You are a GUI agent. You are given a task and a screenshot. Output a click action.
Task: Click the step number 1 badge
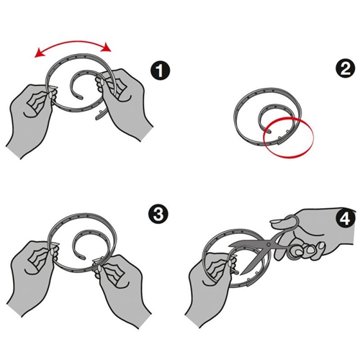click(x=160, y=71)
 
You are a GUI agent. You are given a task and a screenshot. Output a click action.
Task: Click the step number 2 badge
click(x=345, y=69)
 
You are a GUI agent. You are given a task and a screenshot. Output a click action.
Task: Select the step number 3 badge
click(x=158, y=214)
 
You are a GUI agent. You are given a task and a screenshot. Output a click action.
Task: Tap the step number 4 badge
click(x=346, y=219)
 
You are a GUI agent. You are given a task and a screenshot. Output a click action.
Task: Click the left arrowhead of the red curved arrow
click(x=38, y=53)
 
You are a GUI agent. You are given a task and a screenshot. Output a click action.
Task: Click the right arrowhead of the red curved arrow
click(x=107, y=48)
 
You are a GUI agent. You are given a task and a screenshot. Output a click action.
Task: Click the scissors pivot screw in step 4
click(x=269, y=245)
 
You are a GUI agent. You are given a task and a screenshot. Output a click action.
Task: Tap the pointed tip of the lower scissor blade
click(x=241, y=274)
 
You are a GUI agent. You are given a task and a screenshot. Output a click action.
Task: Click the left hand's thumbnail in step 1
click(x=50, y=95)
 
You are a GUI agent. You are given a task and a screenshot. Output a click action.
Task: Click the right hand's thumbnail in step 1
click(x=102, y=82)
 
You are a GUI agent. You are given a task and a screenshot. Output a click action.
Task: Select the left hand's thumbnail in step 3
click(x=51, y=251)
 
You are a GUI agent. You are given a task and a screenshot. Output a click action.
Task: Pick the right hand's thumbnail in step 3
click(x=98, y=267)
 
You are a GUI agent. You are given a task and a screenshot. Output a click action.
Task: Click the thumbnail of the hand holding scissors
click(x=276, y=221)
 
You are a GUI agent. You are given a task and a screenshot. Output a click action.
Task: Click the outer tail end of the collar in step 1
click(x=97, y=118)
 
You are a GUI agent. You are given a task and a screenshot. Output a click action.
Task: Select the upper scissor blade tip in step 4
click(x=230, y=246)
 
